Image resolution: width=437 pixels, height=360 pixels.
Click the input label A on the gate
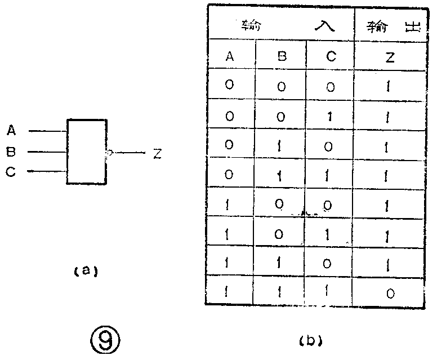pos(11,131)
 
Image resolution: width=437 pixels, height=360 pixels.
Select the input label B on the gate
pos(11,152)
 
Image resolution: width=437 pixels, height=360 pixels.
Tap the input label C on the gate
pos(11,172)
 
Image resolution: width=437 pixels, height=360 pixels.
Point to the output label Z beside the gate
pos(157,153)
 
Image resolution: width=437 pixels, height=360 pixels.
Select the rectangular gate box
pos(86,152)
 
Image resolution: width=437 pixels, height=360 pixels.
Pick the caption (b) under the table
pos(309,340)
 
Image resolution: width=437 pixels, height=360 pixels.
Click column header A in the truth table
pos(230,56)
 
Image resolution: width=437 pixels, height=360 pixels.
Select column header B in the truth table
pos(282,56)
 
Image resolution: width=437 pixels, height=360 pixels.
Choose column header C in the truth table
pos(330,56)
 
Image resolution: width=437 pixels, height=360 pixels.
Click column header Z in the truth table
pos(389,57)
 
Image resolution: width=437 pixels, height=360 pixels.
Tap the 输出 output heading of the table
pos(389,26)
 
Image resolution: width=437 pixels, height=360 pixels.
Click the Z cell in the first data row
pos(389,87)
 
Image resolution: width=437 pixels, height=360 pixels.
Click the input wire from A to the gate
pos(47,131)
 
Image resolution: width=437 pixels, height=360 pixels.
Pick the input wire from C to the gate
pos(47,172)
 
